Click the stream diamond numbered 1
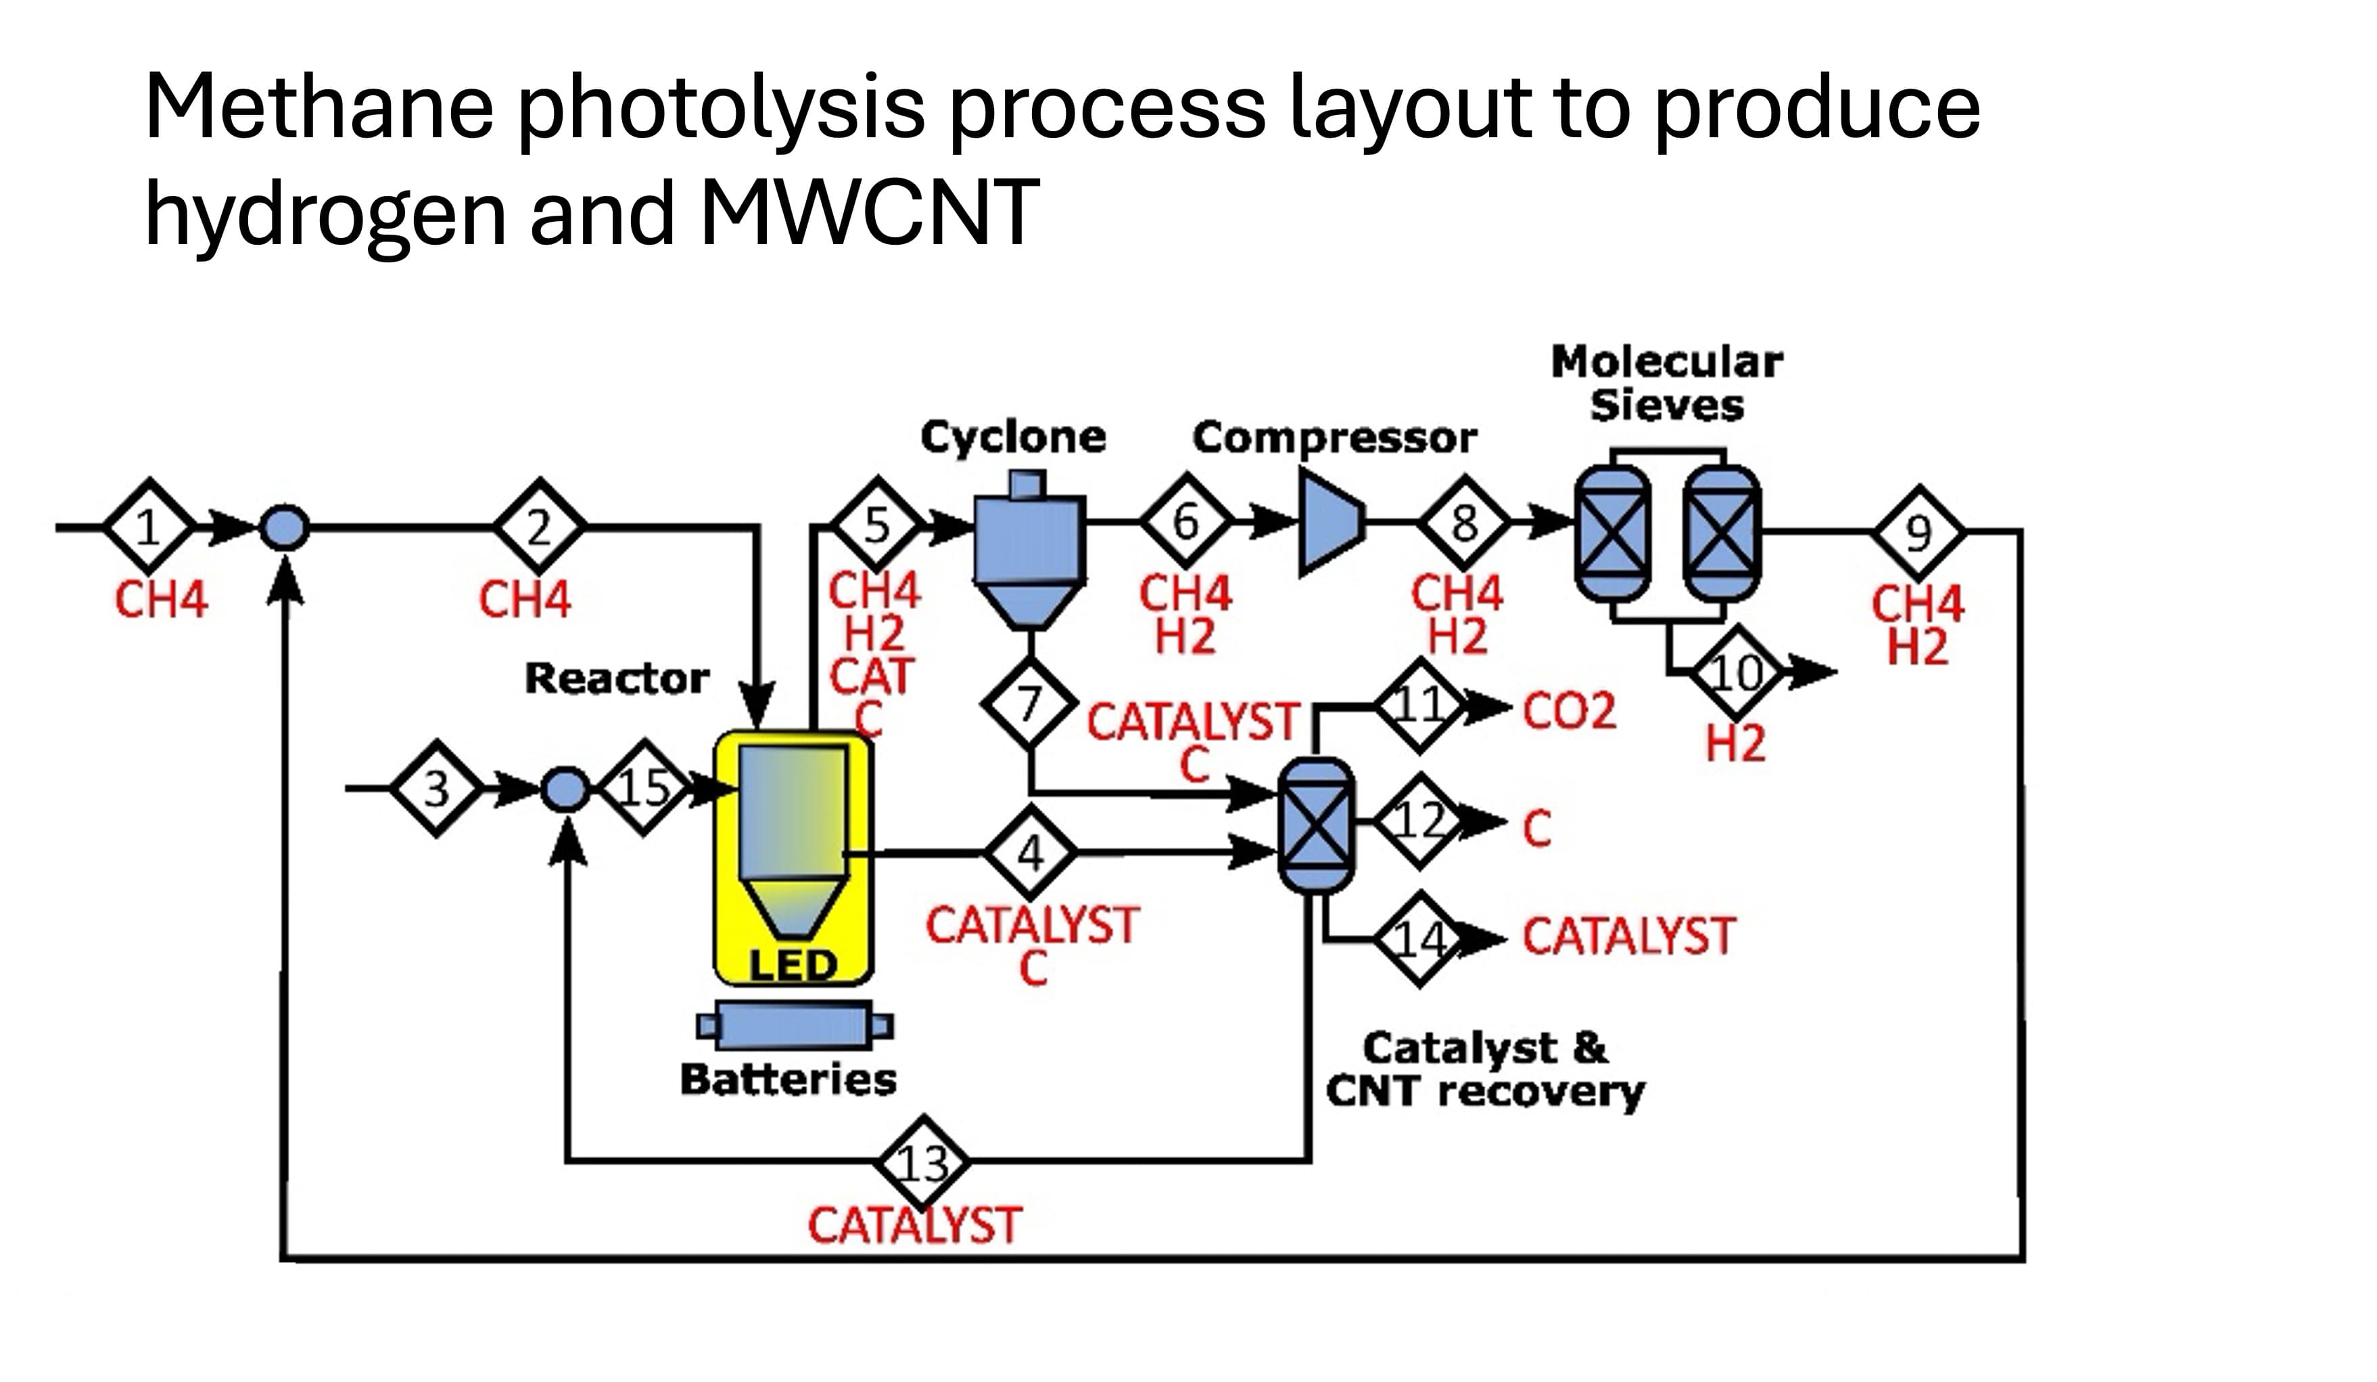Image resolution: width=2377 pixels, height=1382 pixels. (148, 527)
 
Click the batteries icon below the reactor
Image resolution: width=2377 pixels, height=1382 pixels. (794, 1026)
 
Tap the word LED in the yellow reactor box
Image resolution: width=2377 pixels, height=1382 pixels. (793, 964)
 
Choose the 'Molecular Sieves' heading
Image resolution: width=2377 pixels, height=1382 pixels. (1667, 383)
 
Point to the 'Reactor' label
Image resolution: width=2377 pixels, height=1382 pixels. (617, 677)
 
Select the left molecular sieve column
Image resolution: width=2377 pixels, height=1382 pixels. (1613, 533)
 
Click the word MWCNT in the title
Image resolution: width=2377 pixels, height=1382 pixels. (869, 212)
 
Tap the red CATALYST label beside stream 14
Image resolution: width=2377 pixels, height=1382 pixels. (1628, 936)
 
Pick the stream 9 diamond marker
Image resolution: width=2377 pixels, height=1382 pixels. (1919, 533)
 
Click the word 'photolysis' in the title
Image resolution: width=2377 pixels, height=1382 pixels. (722, 108)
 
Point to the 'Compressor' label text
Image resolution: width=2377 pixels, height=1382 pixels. (1334, 437)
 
